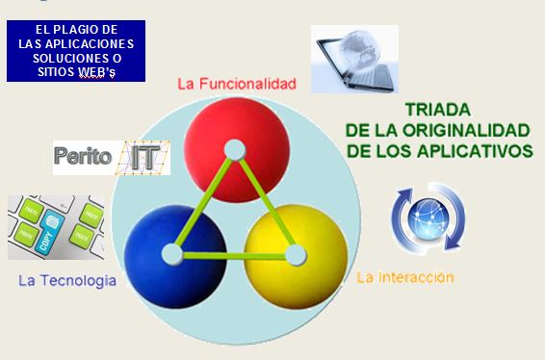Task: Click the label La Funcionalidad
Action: tap(236, 83)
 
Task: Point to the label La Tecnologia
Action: tap(67, 281)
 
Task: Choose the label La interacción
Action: tap(404, 277)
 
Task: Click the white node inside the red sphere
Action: tap(234, 149)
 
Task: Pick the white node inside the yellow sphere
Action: tap(295, 255)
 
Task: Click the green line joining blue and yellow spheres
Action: tap(233, 255)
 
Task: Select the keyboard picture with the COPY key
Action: tap(56, 227)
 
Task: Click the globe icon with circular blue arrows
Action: tap(428, 219)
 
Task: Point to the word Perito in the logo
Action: tap(84, 157)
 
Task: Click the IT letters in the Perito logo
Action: tap(143, 157)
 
